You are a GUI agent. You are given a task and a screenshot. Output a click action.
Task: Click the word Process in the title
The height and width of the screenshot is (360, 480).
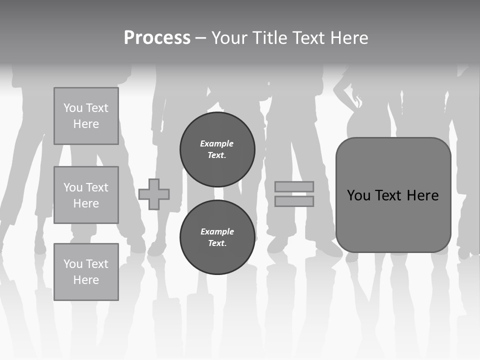(157, 38)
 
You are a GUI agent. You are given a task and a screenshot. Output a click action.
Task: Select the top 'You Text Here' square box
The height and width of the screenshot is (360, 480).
(86, 116)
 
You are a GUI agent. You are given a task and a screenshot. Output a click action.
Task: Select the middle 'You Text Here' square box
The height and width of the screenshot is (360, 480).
(86, 195)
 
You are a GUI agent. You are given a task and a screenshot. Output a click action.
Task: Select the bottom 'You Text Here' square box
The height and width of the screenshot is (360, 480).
(86, 271)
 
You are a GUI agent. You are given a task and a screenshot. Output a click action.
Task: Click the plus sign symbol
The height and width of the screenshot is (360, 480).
(154, 194)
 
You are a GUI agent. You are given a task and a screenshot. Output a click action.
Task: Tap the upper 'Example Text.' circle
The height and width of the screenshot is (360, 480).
(217, 149)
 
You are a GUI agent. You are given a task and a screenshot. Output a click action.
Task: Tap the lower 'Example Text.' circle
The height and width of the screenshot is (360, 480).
(217, 237)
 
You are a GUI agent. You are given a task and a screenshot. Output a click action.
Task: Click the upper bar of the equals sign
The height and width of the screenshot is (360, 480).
(294, 186)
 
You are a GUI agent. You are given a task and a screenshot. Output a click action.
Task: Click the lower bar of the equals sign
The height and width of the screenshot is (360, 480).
(294, 201)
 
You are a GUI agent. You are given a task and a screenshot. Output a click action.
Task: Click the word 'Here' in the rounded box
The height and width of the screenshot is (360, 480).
(422, 195)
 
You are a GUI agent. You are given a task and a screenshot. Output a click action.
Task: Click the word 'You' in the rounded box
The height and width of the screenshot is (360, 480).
(358, 195)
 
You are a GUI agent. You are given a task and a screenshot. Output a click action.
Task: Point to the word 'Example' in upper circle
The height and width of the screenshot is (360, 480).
(217, 143)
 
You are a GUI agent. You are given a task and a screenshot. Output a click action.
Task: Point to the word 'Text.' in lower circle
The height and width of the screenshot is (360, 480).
(217, 243)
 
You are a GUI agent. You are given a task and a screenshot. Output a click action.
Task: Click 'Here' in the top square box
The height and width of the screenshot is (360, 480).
(86, 124)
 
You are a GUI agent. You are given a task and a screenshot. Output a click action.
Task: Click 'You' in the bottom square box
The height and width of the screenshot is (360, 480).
(73, 263)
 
